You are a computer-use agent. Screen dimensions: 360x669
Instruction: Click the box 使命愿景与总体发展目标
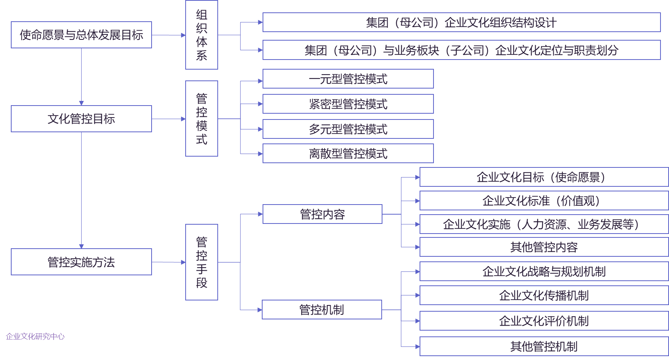81,35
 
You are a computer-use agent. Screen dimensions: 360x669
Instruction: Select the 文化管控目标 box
81,119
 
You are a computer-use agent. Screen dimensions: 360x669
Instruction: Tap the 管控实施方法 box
81,262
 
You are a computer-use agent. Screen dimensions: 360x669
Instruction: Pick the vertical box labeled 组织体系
201,35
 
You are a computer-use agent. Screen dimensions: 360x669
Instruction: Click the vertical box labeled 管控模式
201,118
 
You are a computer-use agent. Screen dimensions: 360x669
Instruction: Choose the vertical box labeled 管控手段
201,262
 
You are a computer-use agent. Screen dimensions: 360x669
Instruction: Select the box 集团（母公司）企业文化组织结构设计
461,22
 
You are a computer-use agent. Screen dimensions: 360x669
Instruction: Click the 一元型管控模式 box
348,79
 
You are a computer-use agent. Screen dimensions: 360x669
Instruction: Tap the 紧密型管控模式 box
348,104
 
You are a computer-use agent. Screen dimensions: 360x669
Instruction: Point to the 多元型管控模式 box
348,129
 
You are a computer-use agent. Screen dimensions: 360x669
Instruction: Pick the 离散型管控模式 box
348,154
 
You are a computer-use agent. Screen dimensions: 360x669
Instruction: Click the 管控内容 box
322,214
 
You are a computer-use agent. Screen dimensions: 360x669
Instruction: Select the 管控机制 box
322,309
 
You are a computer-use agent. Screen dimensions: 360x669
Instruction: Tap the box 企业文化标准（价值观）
544,201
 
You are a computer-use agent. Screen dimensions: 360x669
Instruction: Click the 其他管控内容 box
544,247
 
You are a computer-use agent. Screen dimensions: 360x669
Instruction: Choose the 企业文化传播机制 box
544,295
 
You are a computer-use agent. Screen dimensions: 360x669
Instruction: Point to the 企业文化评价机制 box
544,321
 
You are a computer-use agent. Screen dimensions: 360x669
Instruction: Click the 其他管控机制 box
544,346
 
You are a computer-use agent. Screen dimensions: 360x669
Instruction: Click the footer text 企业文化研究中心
35,336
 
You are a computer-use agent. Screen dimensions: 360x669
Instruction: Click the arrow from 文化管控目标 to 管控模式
169,119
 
